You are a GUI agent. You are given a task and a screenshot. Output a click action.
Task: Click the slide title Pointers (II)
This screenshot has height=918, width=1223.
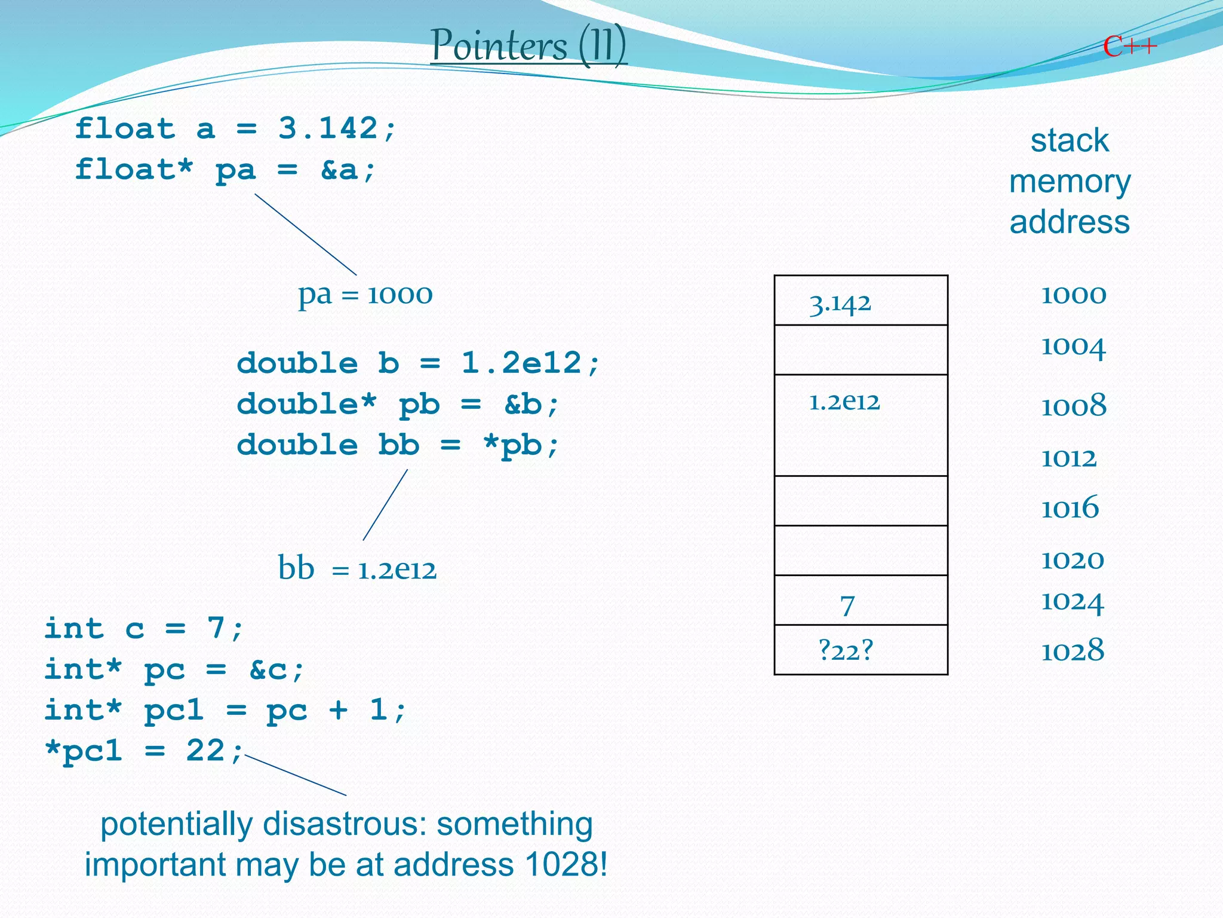pos(528,45)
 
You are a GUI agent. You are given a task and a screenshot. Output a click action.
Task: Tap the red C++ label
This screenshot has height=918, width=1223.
pos(1129,46)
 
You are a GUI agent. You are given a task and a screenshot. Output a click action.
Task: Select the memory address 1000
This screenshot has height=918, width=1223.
pos(1073,295)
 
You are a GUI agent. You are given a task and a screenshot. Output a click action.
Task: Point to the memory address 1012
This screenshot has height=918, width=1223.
pos(1068,458)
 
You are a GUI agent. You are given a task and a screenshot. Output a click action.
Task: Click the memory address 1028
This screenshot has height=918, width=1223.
pos(1073,650)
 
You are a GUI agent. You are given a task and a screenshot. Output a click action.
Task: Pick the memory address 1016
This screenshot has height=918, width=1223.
pos(1070,508)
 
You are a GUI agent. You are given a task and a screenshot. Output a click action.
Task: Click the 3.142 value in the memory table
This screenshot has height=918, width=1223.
pos(840,304)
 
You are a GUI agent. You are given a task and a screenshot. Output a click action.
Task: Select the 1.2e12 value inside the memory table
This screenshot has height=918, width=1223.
pos(844,402)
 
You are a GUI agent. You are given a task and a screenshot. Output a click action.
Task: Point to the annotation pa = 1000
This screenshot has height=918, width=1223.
pos(365,294)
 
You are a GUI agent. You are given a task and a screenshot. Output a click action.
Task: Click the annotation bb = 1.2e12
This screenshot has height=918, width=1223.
pos(357,568)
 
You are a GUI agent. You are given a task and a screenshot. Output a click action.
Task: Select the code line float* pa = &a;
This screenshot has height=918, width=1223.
pos(225,170)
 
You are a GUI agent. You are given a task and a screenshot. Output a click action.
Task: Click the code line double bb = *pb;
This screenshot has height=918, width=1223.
pos(398,445)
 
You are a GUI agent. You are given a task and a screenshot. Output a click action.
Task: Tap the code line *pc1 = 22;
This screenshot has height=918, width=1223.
pos(144,751)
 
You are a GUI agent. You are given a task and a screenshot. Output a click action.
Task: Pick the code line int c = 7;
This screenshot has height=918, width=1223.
pos(144,629)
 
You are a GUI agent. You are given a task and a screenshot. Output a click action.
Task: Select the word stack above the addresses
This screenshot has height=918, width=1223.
pos(1069,141)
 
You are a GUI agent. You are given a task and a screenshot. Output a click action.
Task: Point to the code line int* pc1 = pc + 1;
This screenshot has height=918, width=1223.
pos(225,711)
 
